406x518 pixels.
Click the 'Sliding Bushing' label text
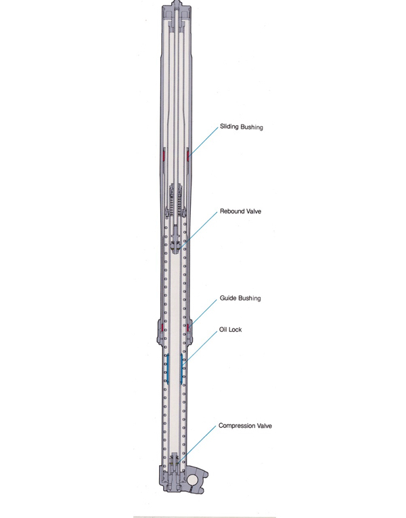[242, 127]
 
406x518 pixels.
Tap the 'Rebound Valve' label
[240, 211]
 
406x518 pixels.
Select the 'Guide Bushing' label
[240, 299]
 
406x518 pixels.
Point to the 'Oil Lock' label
[230, 329]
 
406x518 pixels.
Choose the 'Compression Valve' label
[245, 426]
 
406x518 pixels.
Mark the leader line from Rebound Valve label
[198, 230]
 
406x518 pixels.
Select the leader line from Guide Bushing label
[203, 314]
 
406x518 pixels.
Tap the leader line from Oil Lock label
[200, 347]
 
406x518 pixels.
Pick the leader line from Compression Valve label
[197, 444]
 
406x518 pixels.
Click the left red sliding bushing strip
[164, 155]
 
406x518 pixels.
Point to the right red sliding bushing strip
[188, 155]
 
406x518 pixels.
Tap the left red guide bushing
[162, 328]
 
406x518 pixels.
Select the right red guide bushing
[188, 328]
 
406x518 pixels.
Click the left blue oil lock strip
[168, 369]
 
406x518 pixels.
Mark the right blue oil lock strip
[181, 369]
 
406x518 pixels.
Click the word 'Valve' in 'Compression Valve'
[264, 426]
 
